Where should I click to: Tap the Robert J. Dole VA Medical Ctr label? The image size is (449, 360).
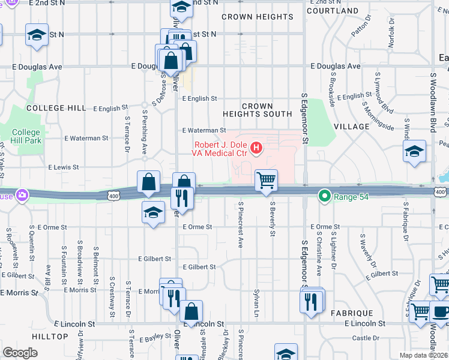(220, 149)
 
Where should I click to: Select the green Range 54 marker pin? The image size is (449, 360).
(325, 196)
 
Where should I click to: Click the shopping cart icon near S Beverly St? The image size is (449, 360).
(266, 179)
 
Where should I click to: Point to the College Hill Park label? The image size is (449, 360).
(26, 136)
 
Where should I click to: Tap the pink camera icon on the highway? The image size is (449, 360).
(22, 195)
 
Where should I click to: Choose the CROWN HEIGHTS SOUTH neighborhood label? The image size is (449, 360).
(257, 110)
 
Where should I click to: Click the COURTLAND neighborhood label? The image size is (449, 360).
(332, 11)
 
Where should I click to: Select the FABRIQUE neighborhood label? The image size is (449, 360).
(352, 313)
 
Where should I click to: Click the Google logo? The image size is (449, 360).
(20, 353)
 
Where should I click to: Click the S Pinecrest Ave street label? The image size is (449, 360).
(240, 233)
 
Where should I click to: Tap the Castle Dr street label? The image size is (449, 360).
(366, 338)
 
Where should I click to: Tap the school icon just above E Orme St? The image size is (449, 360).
(153, 212)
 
